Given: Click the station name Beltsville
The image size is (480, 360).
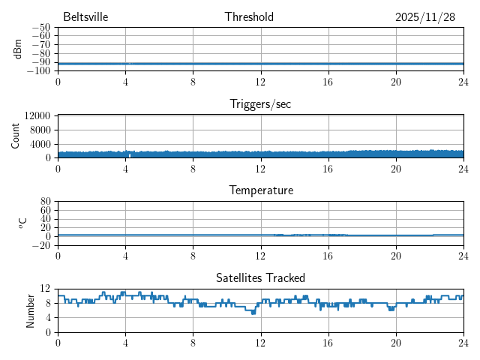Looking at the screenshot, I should (86, 17).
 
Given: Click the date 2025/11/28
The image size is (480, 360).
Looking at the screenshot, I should (425, 17).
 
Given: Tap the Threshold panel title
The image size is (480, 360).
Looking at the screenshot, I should (249, 17).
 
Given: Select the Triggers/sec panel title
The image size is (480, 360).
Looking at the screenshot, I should (260, 104).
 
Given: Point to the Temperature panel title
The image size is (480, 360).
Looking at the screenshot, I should (260, 190).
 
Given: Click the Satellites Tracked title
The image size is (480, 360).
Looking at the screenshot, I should (260, 277).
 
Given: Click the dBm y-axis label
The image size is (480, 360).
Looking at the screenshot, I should (18, 49).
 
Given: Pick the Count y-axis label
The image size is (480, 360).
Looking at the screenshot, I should (16, 136).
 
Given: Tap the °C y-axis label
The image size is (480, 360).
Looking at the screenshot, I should (22, 223).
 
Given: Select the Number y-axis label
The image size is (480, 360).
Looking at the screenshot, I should (31, 310).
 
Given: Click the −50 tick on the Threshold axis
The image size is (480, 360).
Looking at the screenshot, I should (40, 28).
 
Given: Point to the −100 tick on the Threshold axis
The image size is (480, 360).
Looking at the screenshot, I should (38, 70).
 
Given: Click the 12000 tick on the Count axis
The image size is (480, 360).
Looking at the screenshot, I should (37, 116).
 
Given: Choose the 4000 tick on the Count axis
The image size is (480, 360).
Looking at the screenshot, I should (40, 144).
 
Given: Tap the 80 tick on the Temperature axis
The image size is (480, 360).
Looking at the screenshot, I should (45, 202).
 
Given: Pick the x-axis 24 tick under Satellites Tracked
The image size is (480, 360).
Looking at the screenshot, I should (463, 343).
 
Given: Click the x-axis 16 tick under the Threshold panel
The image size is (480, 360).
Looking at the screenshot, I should (328, 82).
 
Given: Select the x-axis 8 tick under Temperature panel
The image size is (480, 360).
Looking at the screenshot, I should (193, 256).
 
